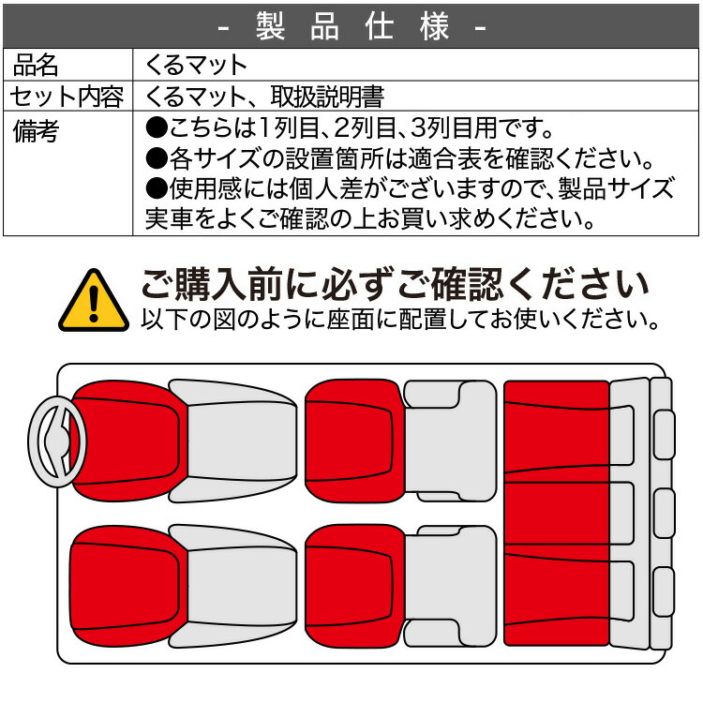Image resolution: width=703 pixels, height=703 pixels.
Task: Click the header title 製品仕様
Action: [351, 26]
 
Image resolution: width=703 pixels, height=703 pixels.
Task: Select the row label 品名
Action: [37, 66]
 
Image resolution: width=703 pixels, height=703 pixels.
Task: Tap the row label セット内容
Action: [67, 96]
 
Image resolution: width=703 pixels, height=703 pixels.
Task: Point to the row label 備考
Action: [37, 131]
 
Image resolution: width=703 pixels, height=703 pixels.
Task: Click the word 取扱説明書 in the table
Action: [328, 96]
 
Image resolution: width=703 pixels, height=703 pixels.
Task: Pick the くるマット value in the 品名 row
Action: [196, 66]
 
